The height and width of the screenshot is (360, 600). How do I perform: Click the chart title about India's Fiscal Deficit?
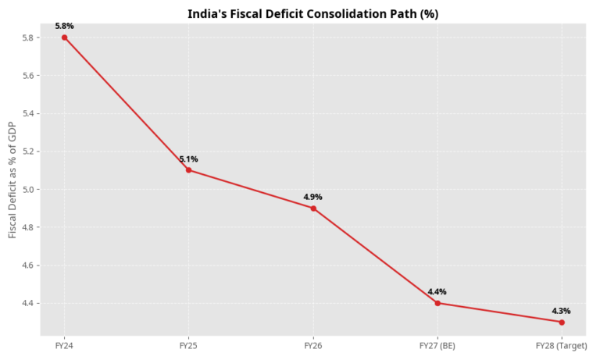[312, 15]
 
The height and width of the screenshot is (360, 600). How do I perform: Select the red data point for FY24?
[64, 37]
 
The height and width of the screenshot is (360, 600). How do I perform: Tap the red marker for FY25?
[188, 170]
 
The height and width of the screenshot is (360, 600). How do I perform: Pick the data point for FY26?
[313, 209]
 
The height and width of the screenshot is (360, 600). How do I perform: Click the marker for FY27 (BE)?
[437, 303]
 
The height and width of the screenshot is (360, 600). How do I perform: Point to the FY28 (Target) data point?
[562, 322]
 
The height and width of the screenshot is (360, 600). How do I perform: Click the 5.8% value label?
[64, 27]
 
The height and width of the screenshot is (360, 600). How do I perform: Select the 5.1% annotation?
[188, 159]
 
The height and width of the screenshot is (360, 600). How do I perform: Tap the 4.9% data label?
[313, 198]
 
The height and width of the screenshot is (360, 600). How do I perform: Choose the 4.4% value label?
[437, 292]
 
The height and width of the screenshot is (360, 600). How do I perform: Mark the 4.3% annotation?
[562, 311]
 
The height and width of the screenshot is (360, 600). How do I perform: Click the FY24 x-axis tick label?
[64, 345]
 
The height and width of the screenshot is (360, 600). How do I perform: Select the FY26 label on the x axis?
[313, 345]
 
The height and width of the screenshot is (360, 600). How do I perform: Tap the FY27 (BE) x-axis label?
[437, 345]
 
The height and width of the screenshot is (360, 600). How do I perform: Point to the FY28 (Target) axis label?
[562, 345]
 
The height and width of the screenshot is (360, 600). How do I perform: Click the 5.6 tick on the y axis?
[30, 76]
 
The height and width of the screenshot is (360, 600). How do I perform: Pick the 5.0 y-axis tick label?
[30, 190]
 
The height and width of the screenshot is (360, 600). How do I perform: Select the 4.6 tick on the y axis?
[30, 266]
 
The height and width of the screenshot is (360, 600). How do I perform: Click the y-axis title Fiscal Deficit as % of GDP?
[12, 180]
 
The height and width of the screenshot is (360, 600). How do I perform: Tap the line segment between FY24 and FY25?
[127, 104]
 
